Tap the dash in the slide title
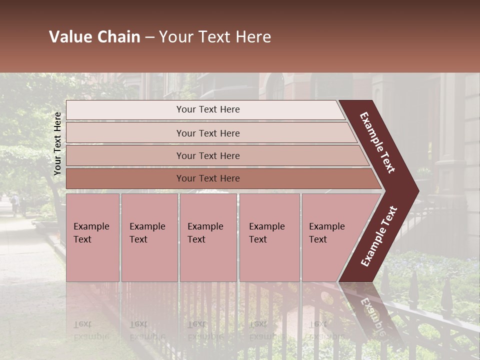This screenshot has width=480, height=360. tap(149, 37)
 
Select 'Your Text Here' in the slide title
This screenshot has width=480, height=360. tap(215, 37)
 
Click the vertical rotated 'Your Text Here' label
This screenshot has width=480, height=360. tap(57, 144)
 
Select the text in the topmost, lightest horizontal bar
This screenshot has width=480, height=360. tap(208, 109)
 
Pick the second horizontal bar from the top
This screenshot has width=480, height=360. tap(208, 133)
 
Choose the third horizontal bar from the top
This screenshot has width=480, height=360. tap(208, 155)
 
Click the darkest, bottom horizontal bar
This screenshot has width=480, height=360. tap(208, 178)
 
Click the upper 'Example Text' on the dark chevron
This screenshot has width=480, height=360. tap(377, 142)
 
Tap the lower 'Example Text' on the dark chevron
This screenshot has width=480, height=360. tap(378, 236)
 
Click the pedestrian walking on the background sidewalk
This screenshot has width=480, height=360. tap(15, 204)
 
